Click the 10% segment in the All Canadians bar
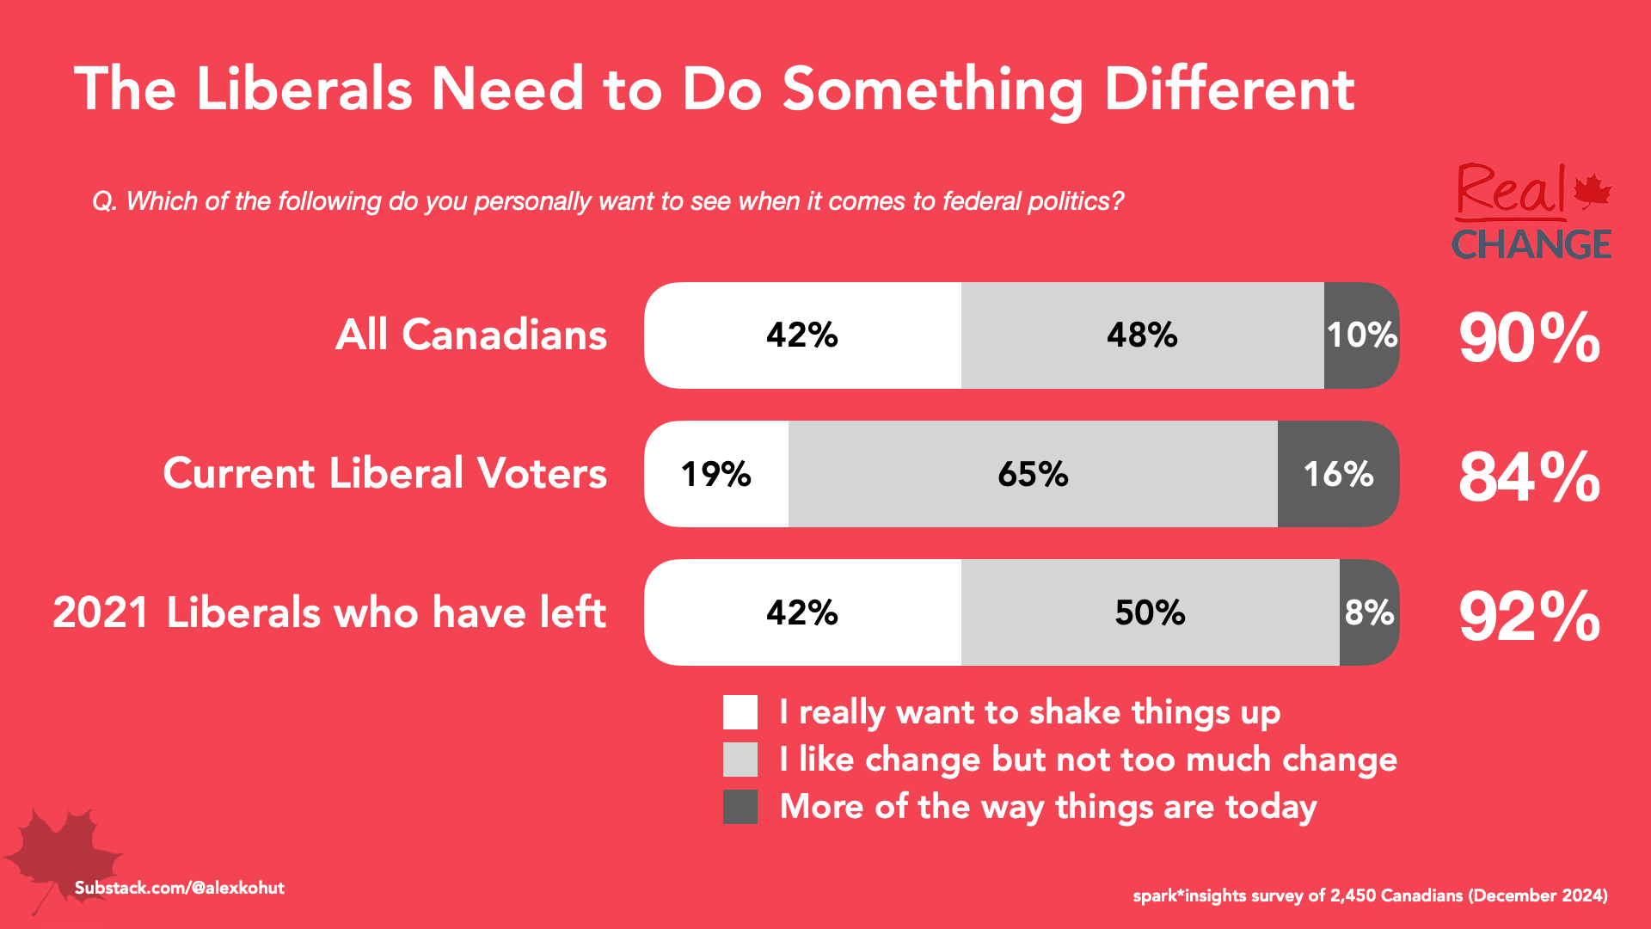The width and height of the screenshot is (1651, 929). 1361,335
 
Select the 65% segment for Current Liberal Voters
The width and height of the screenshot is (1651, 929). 1033,474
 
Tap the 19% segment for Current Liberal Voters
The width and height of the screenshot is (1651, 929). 716,474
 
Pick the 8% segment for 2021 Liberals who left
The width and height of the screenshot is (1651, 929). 1369,612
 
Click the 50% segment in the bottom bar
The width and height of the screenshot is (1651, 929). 1150,612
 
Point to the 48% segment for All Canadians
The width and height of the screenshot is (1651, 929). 1142,335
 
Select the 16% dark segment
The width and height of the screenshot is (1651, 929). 1338,474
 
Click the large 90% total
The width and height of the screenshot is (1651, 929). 1529,337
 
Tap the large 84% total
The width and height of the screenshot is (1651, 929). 1529,477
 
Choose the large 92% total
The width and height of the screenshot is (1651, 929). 1529,616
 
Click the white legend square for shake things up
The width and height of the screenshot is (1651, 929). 740,712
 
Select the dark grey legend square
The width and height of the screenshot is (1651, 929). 740,807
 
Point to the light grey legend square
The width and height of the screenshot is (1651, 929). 740,760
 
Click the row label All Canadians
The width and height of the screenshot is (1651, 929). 471,335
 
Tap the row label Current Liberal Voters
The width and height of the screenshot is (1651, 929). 385,474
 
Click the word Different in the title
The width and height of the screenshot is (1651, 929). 1230,89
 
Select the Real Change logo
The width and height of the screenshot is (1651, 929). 1531,212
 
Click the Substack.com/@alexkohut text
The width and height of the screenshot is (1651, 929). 179,888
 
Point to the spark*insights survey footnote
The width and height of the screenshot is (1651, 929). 1370,895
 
